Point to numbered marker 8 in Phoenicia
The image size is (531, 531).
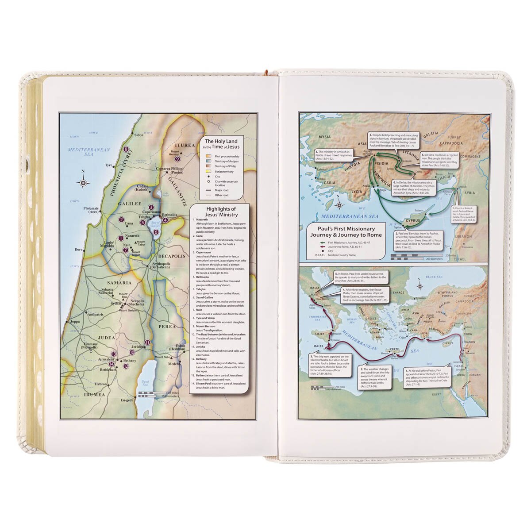click(126, 150)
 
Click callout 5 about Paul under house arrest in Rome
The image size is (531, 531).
click(360, 277)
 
